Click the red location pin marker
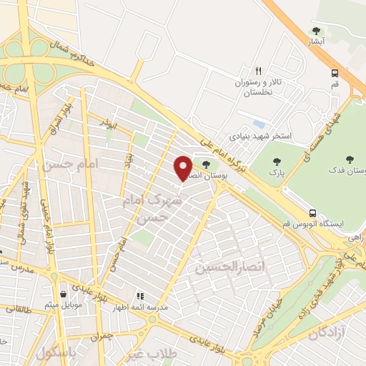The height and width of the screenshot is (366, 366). [x=184, y=167]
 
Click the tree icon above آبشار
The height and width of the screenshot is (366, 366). [x=316, y=31]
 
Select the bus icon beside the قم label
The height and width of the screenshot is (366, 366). [x=335, y=73]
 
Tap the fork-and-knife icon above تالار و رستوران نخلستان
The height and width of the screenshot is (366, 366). [x=259, y=71]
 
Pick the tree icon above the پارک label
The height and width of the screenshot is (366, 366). [x=271, y=160]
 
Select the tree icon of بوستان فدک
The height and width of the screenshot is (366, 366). [x=350, y=159]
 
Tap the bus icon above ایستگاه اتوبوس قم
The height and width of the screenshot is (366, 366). [x=312, y=212]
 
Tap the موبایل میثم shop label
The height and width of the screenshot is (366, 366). [x=64, y=306]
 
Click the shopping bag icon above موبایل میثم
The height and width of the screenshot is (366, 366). [x=64, y=294]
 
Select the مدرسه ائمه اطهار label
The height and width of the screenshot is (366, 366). [x=142, y=307]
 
